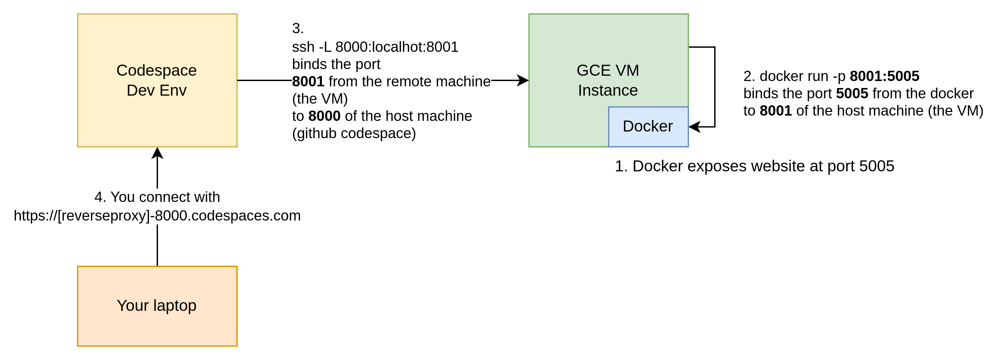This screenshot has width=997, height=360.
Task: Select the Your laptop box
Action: click(x=157, y=325)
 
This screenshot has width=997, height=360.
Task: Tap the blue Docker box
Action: click(x=648, y=127)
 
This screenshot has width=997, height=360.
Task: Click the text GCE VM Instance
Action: click(x=608, y=80)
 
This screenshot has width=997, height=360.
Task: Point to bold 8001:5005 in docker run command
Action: click(x=884, y=76)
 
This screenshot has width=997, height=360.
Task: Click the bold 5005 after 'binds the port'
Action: click(x=852, y=94)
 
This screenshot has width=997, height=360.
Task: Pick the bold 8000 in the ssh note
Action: click(x=324, y=116)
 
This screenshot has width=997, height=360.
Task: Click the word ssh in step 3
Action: click(x=303, y=47)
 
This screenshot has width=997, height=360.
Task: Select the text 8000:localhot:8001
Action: click(x=397, y=47)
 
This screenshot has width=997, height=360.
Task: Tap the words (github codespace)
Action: click(x=354, y=134)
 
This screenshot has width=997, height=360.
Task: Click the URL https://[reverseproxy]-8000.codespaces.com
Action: click(x=157, y=216)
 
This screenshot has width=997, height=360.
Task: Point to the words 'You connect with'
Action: click(x=165, y=197)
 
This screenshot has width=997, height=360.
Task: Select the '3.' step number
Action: click(x=298, y=29)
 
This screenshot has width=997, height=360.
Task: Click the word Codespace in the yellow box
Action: click(x=156, y=70)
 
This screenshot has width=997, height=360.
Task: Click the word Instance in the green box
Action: click(x=608, y=91)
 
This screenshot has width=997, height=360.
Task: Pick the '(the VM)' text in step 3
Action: click(x=320, y=99)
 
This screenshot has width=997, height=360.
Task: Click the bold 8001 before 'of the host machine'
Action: click(x=776, y=111)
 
